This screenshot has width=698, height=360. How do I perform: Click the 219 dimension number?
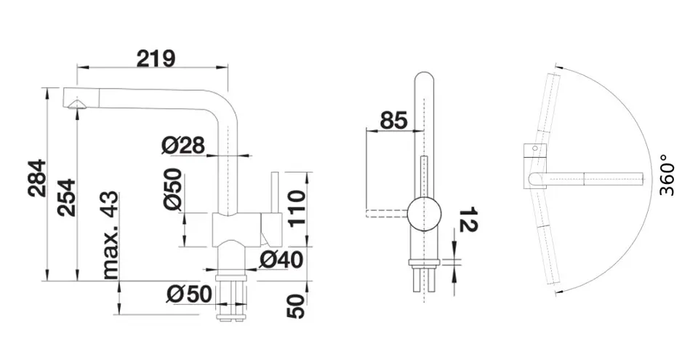tap(156, 59)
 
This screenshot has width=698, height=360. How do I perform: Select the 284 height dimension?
tap(37, 177)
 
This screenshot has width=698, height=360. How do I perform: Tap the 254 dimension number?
tap(67, 198)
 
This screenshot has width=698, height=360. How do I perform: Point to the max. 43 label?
tap(111, 235)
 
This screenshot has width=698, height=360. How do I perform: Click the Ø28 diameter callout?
tap(183, 145)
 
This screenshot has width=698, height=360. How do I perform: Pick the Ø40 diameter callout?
tap(281, 260)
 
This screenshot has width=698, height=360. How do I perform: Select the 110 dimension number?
tap(297, 208)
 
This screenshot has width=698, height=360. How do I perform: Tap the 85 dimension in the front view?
tap(394, 120)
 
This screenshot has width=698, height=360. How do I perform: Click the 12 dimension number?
tap(467, 219)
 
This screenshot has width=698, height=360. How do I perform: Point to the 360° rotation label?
tap(667, 175)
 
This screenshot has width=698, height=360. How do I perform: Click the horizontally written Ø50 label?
tap(189, 294)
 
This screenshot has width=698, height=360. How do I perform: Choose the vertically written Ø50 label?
tap(173, 189)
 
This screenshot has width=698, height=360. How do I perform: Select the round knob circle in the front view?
tap(425, 213)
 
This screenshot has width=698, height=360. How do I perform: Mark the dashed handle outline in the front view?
tap(386, 213)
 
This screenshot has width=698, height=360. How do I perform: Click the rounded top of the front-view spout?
tap(425, 78)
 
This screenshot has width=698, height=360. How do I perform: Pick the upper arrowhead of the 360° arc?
tap(559, 68)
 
